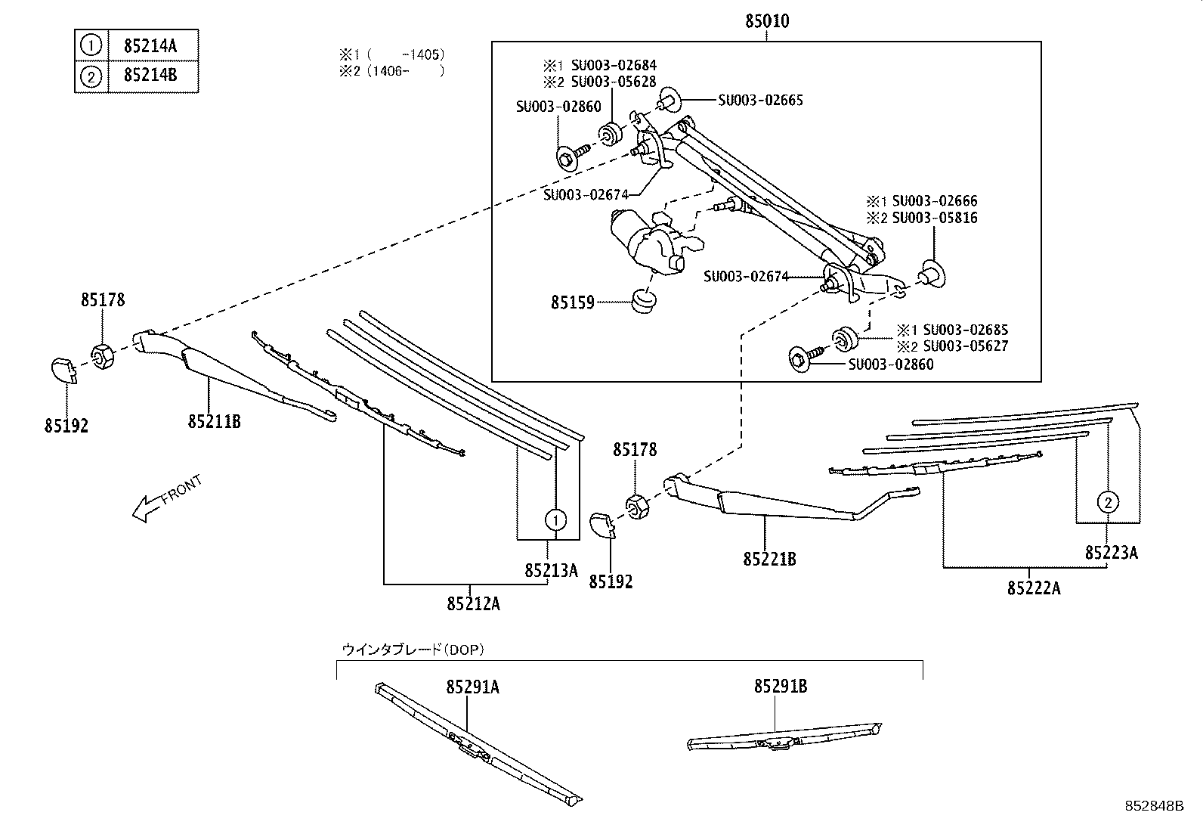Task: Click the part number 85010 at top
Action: [767, 21]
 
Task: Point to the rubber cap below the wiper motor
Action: [643, 300]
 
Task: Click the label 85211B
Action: [214, 421]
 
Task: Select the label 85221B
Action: [769, 560]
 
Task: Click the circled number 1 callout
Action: [555, 520]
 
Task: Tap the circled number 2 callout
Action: [1107, 501]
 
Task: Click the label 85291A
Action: [472, 687]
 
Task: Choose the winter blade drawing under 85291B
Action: [784, 738]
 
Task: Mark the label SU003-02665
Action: [760, 100]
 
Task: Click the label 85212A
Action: [473, 603]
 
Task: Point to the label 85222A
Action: [1033, 588]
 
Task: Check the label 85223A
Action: [1111, 553]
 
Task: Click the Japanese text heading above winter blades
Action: [413, 649]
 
